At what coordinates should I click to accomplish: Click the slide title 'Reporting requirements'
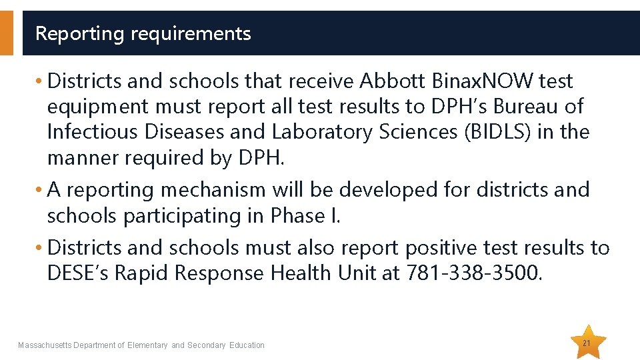point(143,33)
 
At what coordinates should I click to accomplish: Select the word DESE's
point(78,273)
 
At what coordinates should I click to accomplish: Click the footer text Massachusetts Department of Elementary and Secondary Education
point(141,345)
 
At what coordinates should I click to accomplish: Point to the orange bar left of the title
point(6,33)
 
